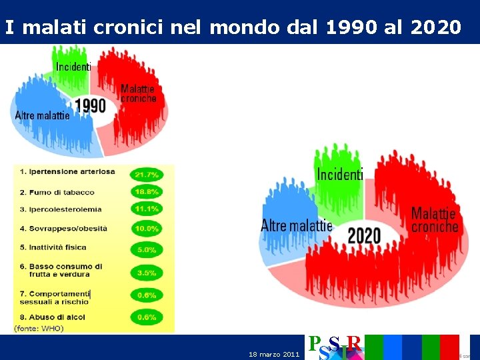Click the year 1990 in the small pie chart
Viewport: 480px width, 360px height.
[x=90, y=106]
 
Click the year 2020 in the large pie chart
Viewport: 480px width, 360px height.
[x=364, y=235]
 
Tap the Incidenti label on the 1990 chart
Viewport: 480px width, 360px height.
[x=73, y=67]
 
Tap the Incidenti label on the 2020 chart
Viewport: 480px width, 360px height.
[x=340, y=175]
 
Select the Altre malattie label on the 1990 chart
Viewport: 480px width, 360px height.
[x=42, y=115]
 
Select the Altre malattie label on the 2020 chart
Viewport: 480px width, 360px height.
[x=296, y=225]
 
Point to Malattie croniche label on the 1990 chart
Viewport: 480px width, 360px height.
[x=138, y=93]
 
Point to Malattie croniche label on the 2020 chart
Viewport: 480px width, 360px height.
[x=435, y=220]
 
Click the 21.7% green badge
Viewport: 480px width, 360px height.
[x=147, y=175]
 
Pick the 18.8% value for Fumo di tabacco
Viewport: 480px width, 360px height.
[x=147, y=191]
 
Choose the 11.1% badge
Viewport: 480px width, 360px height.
[x=147, y=209]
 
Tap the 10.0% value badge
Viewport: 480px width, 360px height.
[x=147, y=229]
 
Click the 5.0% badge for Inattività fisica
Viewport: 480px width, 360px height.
[x=147, y=250]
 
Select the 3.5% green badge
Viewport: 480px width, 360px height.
[x=147, y=273]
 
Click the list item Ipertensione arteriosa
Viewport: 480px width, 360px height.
[x=67, y=171]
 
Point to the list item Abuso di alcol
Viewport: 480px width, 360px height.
[x=57, y=317]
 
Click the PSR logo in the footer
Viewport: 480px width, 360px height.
[x=335, y=346]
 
